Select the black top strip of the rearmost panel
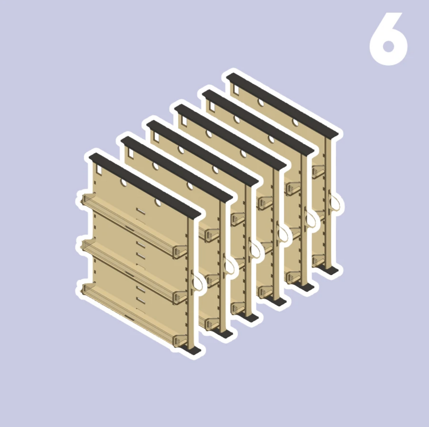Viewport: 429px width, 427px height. pos(282,105)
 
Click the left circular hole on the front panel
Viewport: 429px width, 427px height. pos(123,182)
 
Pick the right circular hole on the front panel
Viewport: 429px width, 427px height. pos(158,203)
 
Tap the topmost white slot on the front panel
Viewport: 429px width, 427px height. pos(141,211)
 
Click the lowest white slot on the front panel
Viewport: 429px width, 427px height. pos(141,301)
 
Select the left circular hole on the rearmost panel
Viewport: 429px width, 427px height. pos(261,103)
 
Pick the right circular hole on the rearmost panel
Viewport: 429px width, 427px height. pos(295,122)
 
